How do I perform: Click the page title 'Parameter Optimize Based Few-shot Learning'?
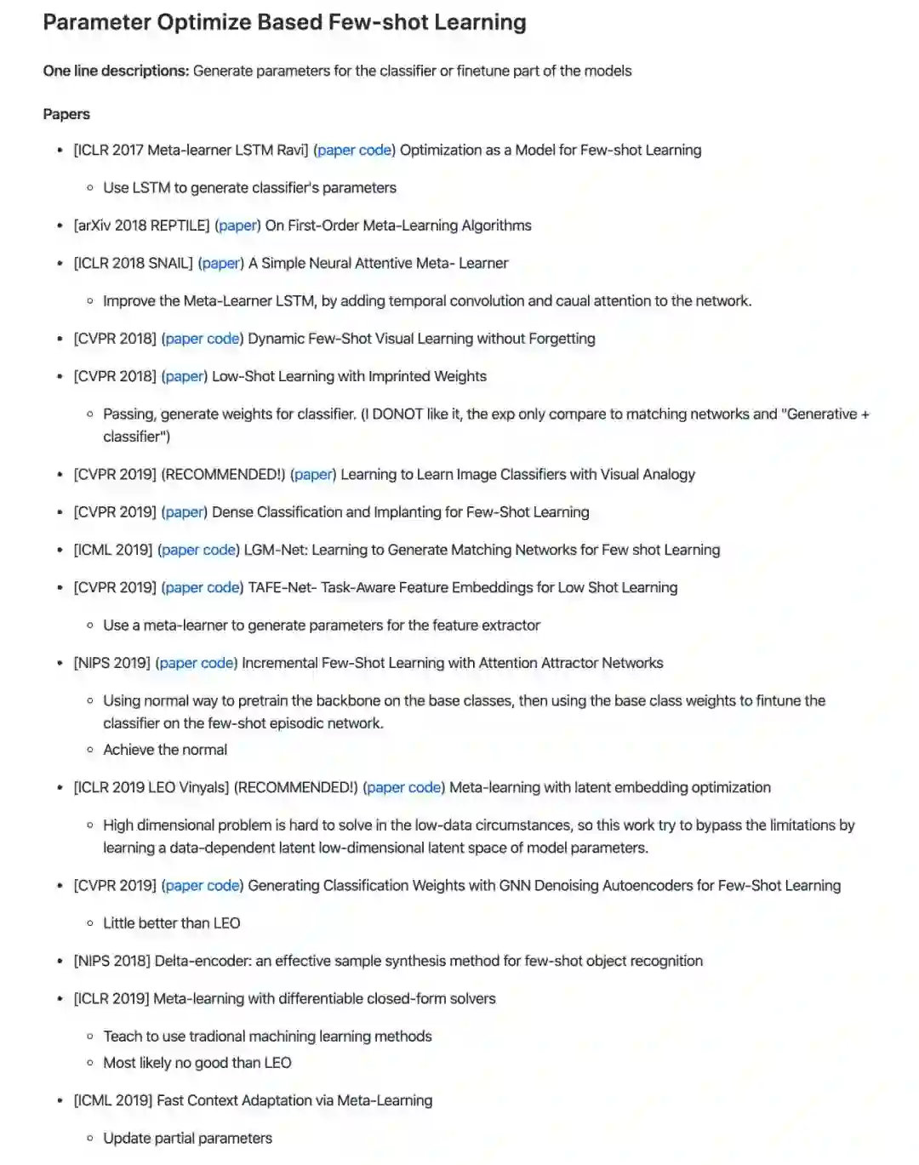(284, 22)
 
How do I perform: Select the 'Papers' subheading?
(66, 114)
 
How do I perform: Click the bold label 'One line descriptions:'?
(116, 71)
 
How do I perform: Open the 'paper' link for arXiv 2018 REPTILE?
(238, 226)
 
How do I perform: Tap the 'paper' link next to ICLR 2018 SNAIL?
(220, 263)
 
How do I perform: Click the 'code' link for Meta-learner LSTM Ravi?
(374, 150)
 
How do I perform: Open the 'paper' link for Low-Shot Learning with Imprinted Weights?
(184, 376)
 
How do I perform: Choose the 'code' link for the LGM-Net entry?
(220, 550)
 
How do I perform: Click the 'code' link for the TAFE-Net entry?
(223, 587)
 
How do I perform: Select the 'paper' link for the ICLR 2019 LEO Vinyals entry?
(385, 787)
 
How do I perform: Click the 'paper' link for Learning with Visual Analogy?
(313, 474)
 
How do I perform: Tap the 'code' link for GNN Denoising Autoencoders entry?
(223, 885)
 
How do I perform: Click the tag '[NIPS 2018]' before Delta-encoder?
(111, 961)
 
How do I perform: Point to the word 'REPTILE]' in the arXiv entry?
(180, 226)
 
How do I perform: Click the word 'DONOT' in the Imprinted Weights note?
(397, 414)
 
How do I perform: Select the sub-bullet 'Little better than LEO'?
(172, 923)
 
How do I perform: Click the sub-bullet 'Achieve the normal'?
(165, 750)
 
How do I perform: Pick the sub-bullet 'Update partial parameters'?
(187, 1139)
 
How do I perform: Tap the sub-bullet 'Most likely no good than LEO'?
(197, 1063)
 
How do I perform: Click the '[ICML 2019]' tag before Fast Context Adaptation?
(113, 1100)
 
